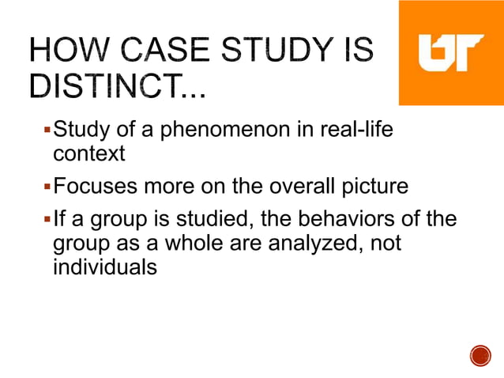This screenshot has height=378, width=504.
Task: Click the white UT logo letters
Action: (450, 53)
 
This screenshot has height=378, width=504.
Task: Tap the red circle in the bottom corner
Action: (480, 356)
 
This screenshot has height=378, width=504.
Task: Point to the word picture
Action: (369, 187)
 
